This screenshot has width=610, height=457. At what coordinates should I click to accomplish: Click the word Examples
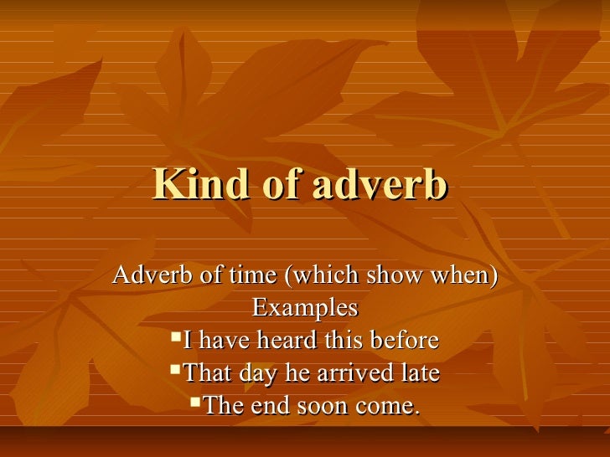click(305, 307)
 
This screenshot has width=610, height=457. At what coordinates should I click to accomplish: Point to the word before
click(401, 340)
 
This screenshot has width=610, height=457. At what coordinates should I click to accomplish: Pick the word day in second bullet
click(254, 373)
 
